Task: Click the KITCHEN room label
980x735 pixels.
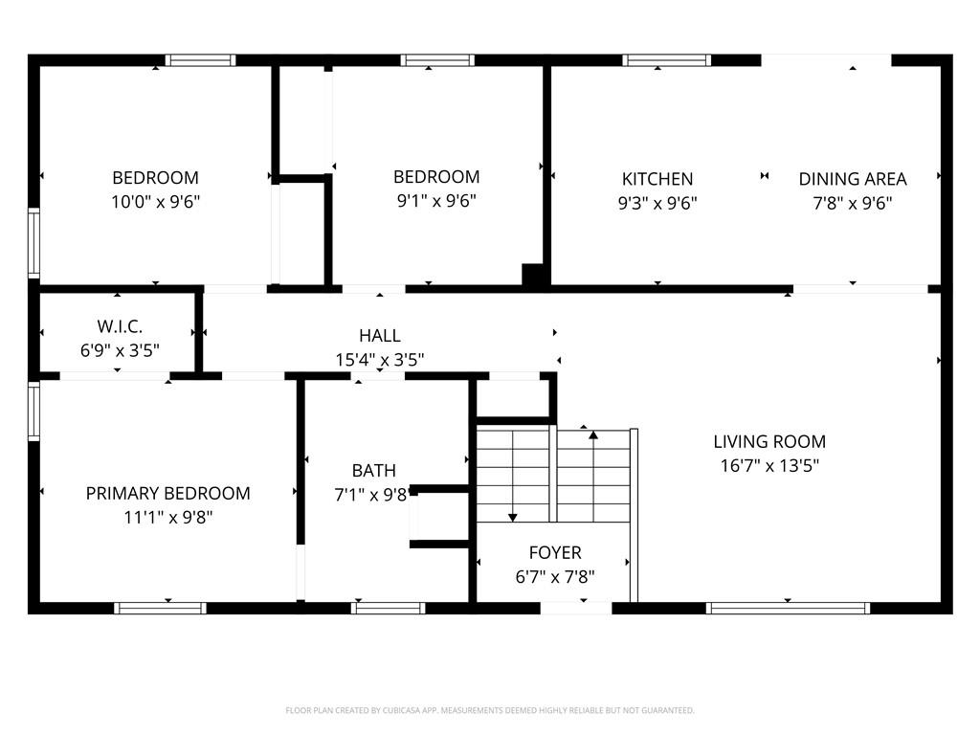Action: pos(657,179)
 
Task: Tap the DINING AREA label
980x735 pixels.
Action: pos(853,179)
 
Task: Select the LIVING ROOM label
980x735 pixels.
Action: pos(769,441)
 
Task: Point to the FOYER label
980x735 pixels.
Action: pos(555,552)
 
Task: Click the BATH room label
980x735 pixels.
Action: pos(374,470)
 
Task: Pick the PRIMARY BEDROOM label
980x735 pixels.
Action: pos(168,493)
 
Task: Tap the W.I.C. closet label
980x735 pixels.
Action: pos(120,326)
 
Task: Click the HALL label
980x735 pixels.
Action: pos(379,336)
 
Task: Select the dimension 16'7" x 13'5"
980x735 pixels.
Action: pos(769,466)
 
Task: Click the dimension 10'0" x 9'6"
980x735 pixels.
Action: pos(156,202)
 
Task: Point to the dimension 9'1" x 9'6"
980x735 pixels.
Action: pos(436,201)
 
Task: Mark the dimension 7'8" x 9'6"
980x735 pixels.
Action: pos(853,203)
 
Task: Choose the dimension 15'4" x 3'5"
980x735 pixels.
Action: pos(379,360)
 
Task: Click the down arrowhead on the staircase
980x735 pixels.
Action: pos(513,518)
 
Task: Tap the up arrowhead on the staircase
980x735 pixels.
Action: pos(593,434)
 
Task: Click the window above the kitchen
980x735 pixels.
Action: pos(666,60)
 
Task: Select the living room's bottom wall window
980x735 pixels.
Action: pos(788,608)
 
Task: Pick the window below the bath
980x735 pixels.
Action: pos(389,608)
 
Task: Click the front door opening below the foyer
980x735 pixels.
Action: pos(576,608)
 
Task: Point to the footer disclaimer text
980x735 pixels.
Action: pos(490,710)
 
